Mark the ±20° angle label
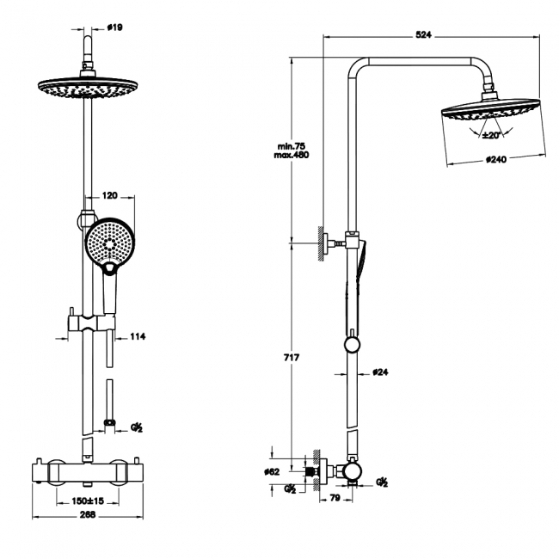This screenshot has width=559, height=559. (491, 135)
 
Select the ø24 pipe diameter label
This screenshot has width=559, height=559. (381, 372)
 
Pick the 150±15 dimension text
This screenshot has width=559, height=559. (87, 500)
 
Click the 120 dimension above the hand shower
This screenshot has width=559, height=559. (110, 196)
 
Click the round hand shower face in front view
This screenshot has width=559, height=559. (108, 240)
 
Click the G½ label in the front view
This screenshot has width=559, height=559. (136, 427)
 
